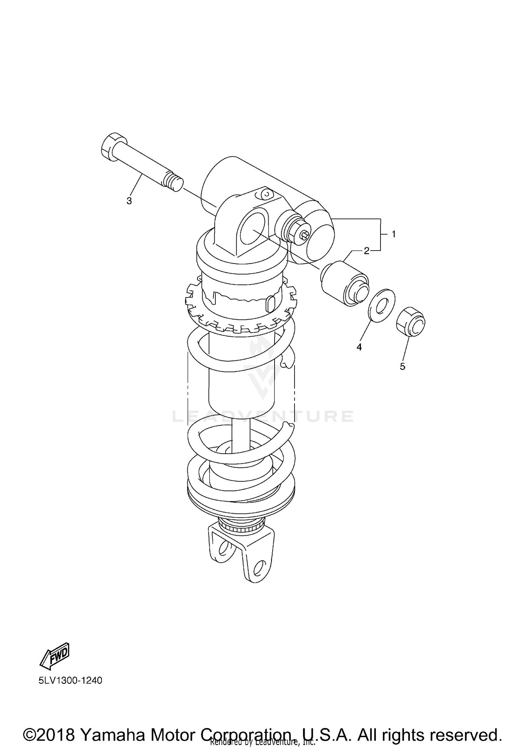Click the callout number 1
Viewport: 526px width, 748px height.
393,234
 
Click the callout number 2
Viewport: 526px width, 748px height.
366,251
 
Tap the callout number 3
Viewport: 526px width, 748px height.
129,201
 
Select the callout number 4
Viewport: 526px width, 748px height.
359,347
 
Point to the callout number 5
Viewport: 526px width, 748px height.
402,366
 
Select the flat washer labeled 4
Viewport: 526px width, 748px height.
382,301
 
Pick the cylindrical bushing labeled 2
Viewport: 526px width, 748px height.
344,283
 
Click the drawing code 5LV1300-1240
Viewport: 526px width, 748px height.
70,680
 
